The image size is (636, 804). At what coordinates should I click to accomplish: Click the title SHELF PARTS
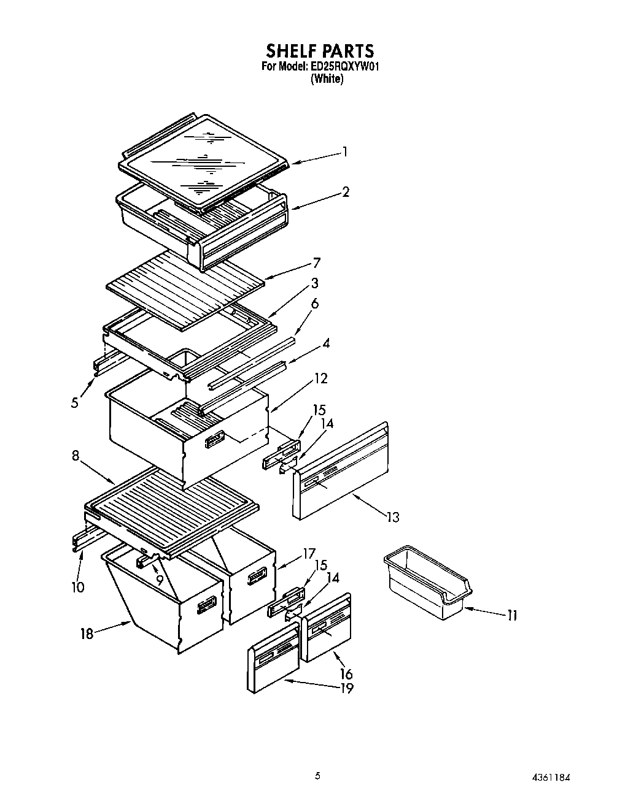pyautogui.click(x=319, y=50)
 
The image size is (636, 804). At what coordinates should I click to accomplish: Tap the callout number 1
pyautogui.click(x=345, y=151)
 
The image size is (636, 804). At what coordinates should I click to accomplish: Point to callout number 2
pyautogui.click(x=346, y=192)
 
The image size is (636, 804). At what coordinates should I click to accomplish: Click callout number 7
pyautogui.click(x=317, y=263)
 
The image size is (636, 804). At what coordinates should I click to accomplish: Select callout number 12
pyautogui.click(x=320, y=378)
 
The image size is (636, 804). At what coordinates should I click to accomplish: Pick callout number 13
pyautogui.click(x=392, y=517)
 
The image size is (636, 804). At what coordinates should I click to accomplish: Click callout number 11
pyautogui.click(x=511, y=615)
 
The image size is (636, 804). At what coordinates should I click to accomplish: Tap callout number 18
pyautogui.click(x=87, y=634)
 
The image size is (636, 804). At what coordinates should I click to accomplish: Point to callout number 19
pyautogui.click(x=347, y=688)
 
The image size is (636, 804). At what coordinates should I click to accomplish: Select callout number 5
pyautogui.click(x=74, y=403)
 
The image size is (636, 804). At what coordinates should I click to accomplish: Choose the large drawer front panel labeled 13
pyautogui.click(x=341, y=473)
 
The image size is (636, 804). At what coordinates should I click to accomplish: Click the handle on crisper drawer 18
pyautogui.click(x=205, y=607)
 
